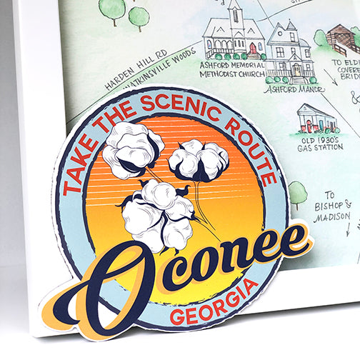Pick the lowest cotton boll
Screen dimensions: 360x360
(159, 212)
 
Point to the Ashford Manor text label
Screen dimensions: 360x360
(289, 89)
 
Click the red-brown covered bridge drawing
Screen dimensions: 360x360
(343, 39)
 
